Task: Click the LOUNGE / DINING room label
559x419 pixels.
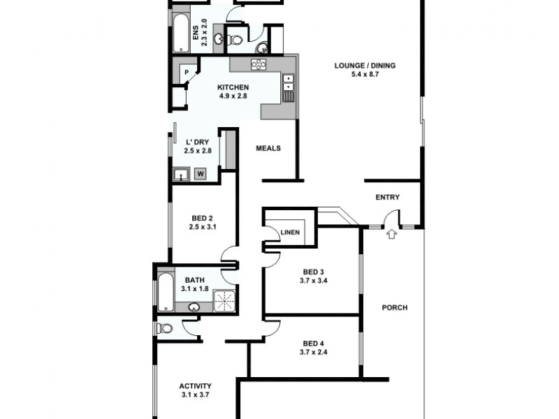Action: [365, 66]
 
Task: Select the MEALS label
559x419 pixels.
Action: [268, 148]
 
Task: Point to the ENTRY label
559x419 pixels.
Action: [388, 198]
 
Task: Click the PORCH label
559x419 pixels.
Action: [395, 307]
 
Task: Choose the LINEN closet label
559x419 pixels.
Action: [289, 233]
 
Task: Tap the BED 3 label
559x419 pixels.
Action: [313, 272]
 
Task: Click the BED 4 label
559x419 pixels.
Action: [313, 343]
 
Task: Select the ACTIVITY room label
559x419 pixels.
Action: [195, 385]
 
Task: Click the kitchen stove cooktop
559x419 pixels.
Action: [259, 65]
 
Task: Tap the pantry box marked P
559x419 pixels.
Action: [187, 72]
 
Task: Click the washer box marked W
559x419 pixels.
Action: [201, 173]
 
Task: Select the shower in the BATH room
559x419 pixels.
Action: [225, 301]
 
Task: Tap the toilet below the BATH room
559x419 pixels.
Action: [166, 328]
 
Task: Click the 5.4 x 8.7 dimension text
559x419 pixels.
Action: [365, 75]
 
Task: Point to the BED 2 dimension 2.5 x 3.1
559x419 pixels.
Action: [201, 226]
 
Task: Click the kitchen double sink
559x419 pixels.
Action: [288, 82]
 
